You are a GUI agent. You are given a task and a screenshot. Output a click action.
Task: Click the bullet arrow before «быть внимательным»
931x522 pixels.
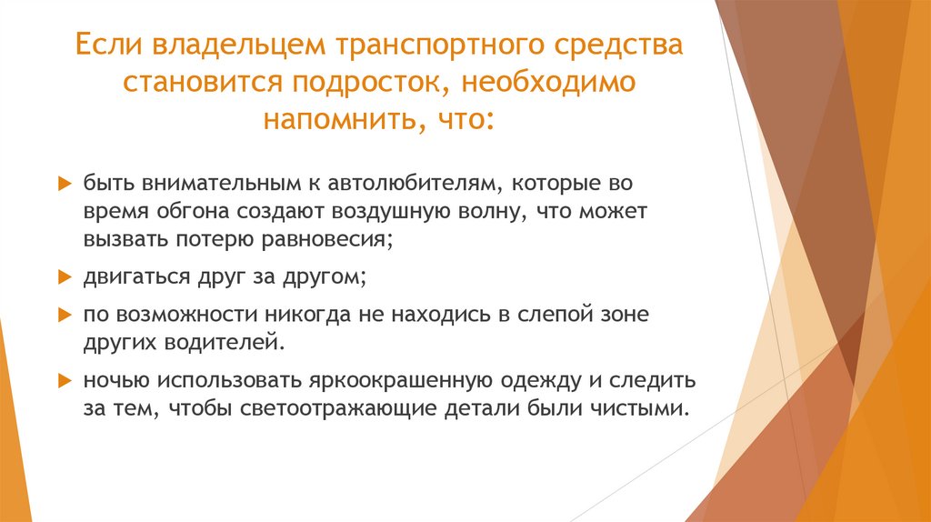pos(63,184)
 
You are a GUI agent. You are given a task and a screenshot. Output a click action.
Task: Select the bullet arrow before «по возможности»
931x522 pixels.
pos(63,315)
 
